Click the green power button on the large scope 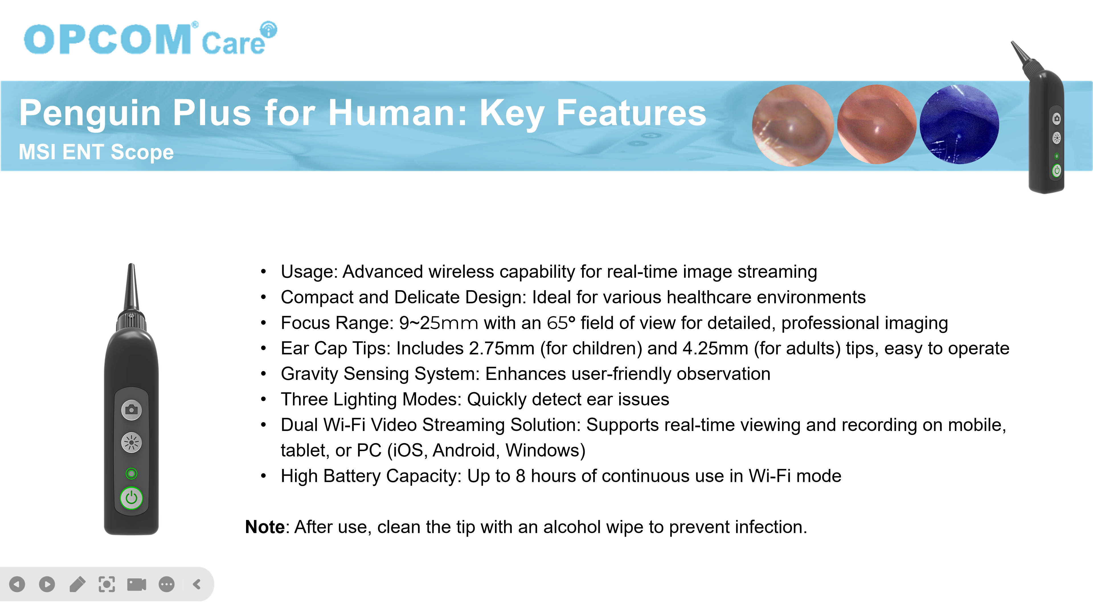click(x=132, y=498)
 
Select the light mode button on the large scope click(x=132, y=443)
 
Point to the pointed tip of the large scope click(x=132, y=264)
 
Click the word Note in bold click(x=265, y=527)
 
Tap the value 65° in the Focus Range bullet click(x=560, y=323)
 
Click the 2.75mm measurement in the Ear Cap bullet click(x=502, y=348)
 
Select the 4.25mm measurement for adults click(x=715, y=348)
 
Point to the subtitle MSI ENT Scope click(x=96, y=152)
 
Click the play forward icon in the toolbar click(x=47, y=585)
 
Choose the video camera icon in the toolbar click(x=137, y=585)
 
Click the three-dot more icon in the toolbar click(x=167, y=585)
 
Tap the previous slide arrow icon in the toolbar click(x=17, y=585)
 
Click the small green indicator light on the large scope click(x=132, y=473)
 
